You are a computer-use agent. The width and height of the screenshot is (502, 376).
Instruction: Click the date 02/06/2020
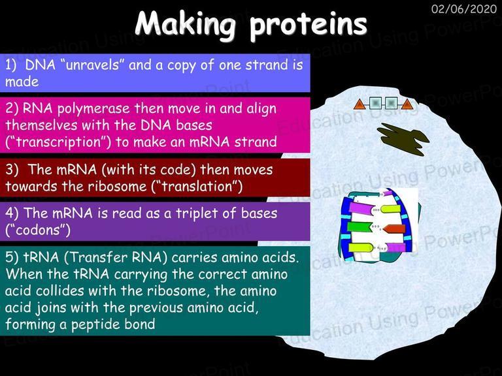tap(464, 9)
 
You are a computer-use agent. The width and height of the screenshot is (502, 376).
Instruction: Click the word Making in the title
tap(186, 23)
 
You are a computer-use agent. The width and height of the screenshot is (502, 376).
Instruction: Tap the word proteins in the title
tap(309, 25)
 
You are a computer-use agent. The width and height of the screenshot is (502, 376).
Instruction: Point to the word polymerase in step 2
tap(93, 110)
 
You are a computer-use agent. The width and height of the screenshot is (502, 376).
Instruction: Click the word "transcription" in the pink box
tap(58, 142)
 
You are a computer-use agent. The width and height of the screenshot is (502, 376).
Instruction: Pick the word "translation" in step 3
tap(197, 187)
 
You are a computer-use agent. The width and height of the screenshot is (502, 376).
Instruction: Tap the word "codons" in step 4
tap(38, 230)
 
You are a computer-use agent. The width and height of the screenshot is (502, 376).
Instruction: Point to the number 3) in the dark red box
tap(12, 170)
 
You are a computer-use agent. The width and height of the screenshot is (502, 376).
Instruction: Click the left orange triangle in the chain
tap(360, 104)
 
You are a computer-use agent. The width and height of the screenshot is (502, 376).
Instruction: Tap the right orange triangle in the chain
tap(407, 104)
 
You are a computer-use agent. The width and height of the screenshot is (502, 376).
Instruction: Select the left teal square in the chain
tap(375, 104)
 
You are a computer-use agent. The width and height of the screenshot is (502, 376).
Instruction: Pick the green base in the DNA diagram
tap(359, 227)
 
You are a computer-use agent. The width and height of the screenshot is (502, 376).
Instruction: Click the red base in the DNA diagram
tap(394, 228)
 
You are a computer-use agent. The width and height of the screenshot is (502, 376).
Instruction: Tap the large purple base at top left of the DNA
tap(361, 209)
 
